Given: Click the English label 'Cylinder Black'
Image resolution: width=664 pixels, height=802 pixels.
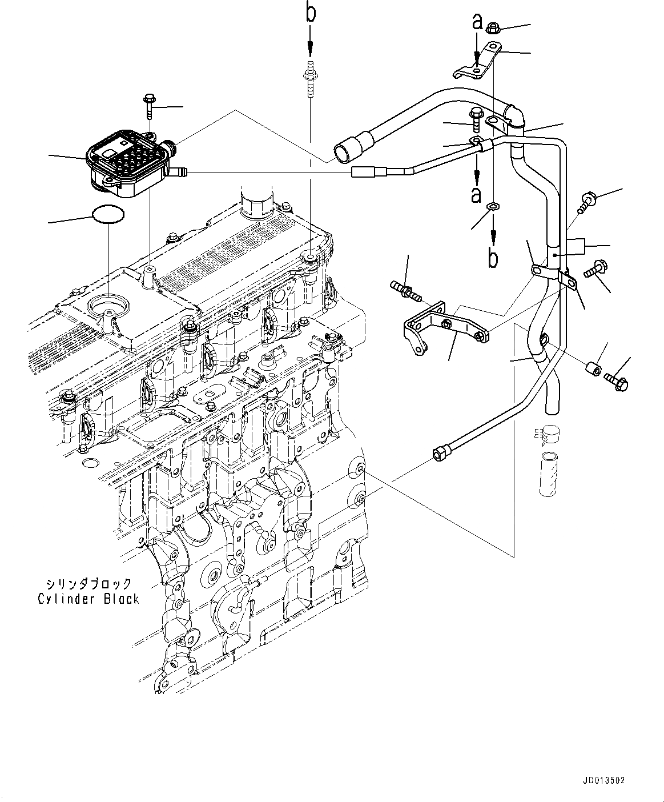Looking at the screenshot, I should (x=88, y=599).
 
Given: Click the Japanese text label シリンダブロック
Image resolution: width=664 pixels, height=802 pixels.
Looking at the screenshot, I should (x=88, y=583).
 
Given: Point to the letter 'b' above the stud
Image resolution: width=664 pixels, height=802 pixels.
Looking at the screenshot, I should (x=310, y=13).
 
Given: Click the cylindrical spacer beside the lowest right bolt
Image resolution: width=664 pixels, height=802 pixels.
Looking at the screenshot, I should (x=593, y=369).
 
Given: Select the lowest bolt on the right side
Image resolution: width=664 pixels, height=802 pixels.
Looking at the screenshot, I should (x=617, y=380).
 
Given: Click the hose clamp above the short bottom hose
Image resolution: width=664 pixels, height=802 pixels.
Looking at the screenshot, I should (x=552, y=436).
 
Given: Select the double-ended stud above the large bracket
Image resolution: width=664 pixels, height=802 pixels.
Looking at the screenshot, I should (x=405, y=290).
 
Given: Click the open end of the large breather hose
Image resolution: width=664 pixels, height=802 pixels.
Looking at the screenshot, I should (x=343, y=151).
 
